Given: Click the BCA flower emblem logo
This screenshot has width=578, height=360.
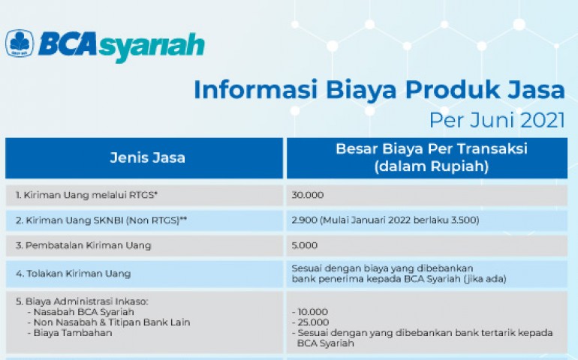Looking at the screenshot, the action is [20, 43].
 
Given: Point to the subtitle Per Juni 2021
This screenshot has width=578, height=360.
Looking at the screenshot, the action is [497, 120].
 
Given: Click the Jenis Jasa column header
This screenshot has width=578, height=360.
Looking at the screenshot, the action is [147, 157].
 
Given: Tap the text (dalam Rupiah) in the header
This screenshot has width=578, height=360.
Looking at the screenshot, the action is [432, 166].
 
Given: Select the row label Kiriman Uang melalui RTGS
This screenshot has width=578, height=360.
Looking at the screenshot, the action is [86, 195].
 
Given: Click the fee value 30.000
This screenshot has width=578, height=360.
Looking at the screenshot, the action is [308, 195].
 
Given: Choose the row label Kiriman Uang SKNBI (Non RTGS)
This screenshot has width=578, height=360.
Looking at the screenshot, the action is [101, 220].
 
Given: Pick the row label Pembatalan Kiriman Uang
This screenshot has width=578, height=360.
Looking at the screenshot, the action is [83, 245].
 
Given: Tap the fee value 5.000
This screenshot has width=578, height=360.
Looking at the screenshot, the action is [305, 245].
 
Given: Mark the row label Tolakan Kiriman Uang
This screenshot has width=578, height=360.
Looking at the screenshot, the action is [74, 274].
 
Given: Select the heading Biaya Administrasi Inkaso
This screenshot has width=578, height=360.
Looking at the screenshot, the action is [82, 301].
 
